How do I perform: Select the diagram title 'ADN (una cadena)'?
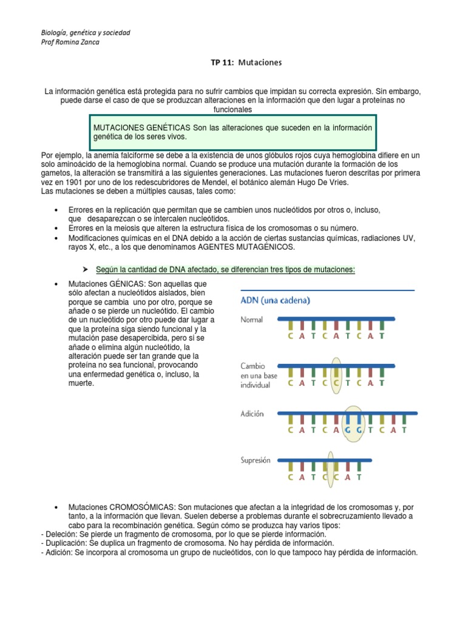click(275, 300)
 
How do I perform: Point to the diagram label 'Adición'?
click(252, 414)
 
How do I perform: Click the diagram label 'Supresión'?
click(256, 461)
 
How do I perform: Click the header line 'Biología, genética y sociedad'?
click(85, 32)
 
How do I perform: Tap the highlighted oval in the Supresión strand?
click(331, 466)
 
